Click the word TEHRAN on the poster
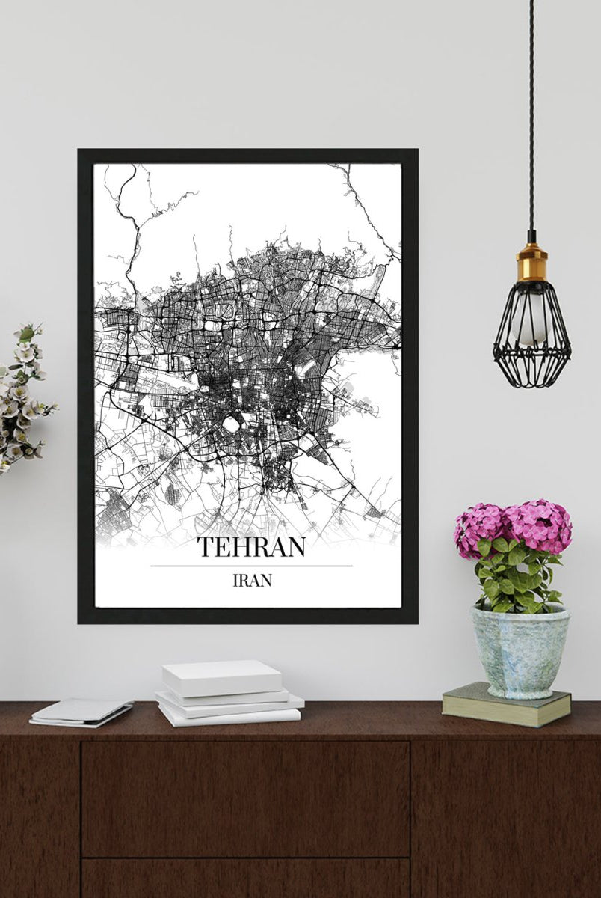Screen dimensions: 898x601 pyautogui.click(x=251, y=546)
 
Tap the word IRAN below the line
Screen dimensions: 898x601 pyautogui.click(x=251, y=580)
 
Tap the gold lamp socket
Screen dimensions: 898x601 pyautogui.click(x=531, y=262)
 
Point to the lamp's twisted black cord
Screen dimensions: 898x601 pyautogui.click(x=531, y=112)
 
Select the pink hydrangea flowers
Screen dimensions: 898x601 pyautogui.click(x=514, y=525)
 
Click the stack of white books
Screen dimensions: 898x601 pyautogui.click(x=228, y=692)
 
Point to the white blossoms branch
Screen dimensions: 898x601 pyautogui.click(x=22, y=397)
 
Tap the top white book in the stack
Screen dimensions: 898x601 pyautogui.click(x=222, y=676)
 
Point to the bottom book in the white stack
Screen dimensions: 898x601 pyautogui.click(x=230, y=715)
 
